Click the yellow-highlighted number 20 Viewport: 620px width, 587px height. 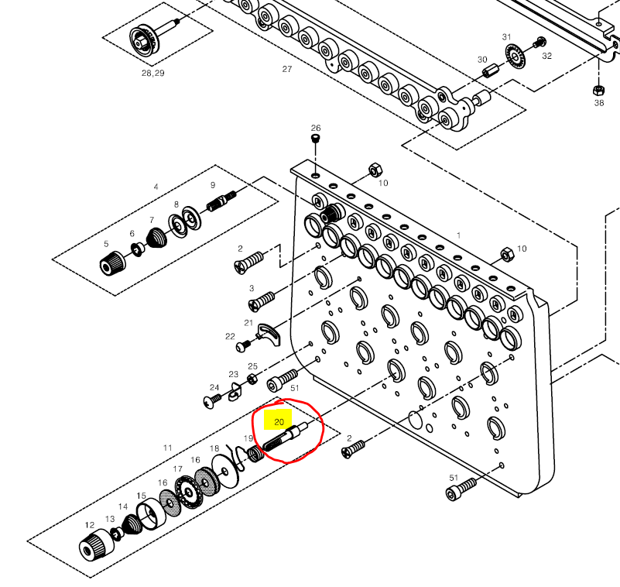[x=279, y=422]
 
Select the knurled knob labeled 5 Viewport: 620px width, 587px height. [x=110, y=264]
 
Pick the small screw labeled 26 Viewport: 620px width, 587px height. [x=315, y=139]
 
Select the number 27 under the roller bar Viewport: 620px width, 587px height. [x=287, y=69]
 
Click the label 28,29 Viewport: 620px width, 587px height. [x=152, y=73]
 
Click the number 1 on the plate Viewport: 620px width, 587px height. [x=458, y=235]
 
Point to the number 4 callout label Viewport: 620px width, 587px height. [x=156, y=187]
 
